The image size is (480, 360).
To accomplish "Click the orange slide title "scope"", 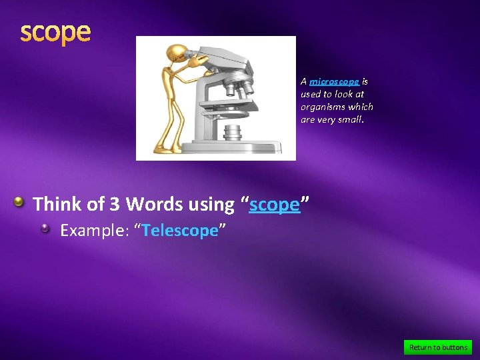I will (x=55, y=32).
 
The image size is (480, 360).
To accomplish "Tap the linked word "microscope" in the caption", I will (x=334, y=81).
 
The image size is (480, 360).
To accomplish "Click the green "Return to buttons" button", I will (x=438, y=347).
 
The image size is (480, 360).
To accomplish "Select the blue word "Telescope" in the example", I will (x=180, y=231).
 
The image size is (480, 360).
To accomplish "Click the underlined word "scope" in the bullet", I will (x=274, y=204).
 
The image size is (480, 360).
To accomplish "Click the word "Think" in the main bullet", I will (x=56, y=204).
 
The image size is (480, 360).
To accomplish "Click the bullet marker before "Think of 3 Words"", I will (x=20, y=201).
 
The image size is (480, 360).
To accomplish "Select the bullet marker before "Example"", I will (x=45, y=229).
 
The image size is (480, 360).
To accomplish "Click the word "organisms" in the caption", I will (x=321, y=107).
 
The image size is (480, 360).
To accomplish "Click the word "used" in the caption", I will (x=311, y=94).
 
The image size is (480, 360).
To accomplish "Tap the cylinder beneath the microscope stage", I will (x=232, y=131).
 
